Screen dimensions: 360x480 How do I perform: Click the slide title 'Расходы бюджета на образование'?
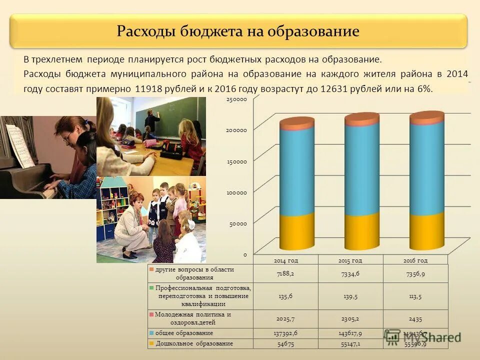(x=238, y=31)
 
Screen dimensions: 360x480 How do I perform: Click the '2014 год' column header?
(x=285, y=260)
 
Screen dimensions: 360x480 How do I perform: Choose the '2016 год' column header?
(x=415, y=260)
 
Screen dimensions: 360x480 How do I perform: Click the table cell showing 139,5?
(x=350, y=296)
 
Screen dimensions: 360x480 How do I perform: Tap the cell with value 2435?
(x=415, y=318)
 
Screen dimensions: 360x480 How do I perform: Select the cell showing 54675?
(x=285, y=344)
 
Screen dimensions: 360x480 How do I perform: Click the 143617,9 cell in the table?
(x=350, y=333)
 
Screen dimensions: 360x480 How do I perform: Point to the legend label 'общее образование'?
(x=184, y=333)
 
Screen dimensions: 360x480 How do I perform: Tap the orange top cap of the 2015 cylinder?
(x=362, y=119)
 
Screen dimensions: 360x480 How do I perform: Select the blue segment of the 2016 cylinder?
(x=426, y=167)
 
